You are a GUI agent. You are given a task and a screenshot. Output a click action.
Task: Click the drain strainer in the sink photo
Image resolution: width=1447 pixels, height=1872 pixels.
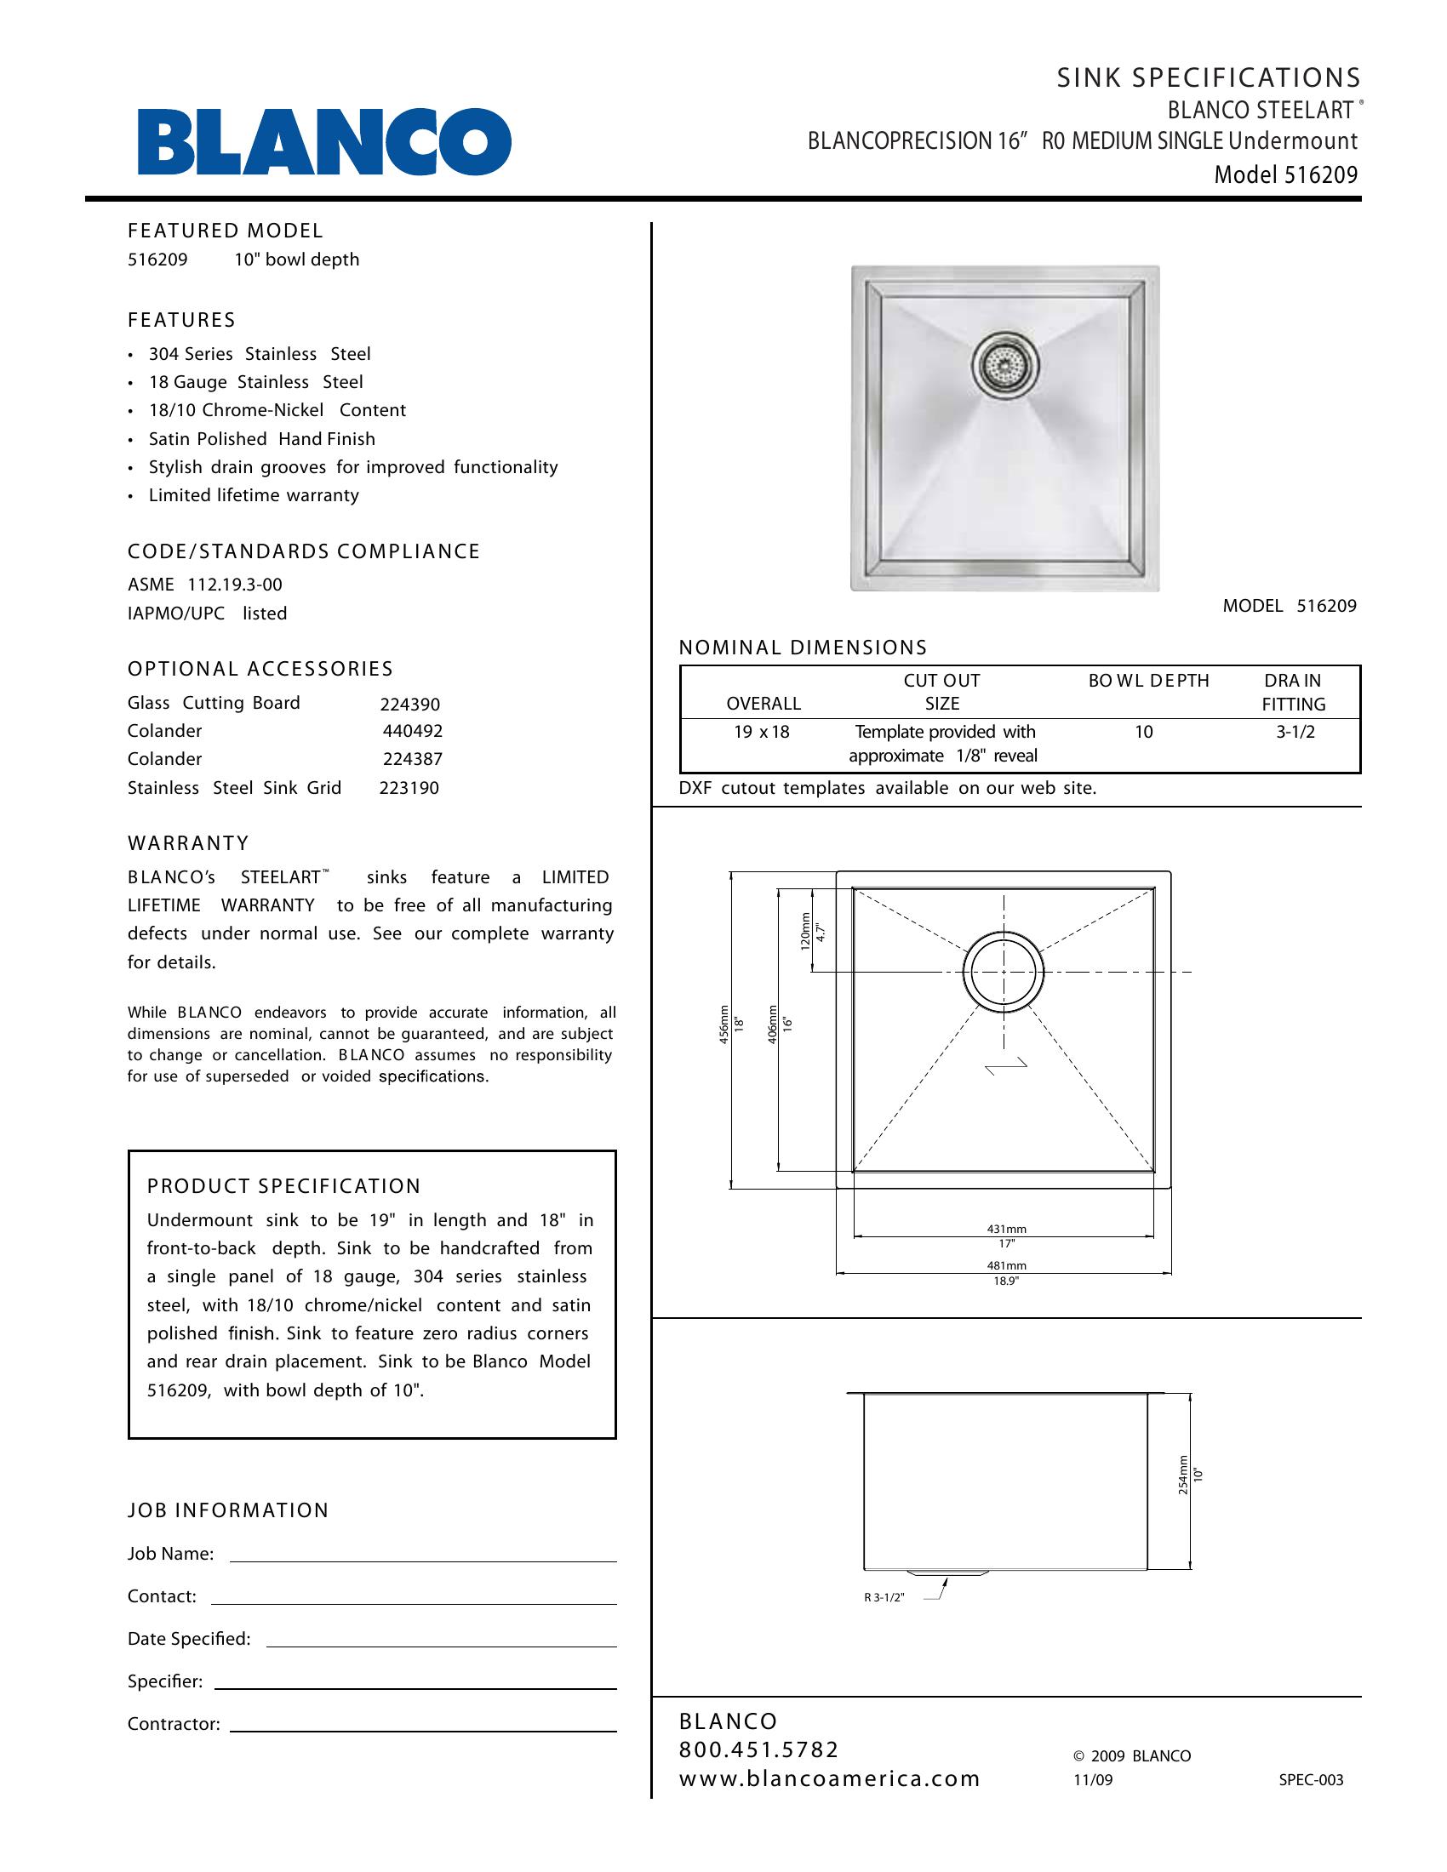pos(1005,364)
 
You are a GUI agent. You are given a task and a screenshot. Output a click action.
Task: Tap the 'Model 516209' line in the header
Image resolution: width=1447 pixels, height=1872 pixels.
pos(1285,174)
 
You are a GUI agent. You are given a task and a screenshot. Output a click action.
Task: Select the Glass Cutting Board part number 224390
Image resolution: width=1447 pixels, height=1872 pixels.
pos(409,705)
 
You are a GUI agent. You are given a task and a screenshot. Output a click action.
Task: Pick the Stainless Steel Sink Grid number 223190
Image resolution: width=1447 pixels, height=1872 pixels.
pos(409,788)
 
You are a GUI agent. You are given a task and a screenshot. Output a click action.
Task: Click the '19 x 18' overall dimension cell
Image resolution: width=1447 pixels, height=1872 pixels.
pos(761,732)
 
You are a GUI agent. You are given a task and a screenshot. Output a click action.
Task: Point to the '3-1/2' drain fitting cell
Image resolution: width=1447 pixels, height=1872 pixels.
pos(1295,732)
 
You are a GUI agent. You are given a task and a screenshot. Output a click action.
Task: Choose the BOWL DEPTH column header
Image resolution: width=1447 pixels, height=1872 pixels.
pos(1148,681)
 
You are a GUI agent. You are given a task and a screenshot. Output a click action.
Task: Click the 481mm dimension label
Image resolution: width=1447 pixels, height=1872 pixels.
pos(1005,1265)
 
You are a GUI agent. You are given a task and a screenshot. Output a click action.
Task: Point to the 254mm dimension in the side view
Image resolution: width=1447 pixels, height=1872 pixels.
pos(1183,1475)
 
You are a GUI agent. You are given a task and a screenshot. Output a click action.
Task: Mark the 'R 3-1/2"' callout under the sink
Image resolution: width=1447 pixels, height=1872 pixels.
pos(884,1598)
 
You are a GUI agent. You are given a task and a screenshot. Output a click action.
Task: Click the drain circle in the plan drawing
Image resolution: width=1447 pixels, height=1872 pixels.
pos(1004,972)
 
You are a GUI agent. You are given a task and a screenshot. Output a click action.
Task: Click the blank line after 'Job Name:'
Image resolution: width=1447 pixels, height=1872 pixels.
pos(423,1554)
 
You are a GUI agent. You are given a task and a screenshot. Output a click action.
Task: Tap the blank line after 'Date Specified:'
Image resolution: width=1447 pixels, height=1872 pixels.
pos(442,1639)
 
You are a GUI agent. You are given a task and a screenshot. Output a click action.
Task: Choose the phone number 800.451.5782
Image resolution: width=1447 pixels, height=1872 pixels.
pos(758,1749)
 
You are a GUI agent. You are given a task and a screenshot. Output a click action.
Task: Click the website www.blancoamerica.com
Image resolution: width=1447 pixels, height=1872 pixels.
pos(829,1778)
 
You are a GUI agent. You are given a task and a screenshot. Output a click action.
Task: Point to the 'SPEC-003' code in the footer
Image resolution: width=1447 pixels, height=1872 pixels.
pos(1311,1780)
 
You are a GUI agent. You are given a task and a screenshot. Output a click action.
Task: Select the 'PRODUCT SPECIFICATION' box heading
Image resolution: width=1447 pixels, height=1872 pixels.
pos(283,1186)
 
